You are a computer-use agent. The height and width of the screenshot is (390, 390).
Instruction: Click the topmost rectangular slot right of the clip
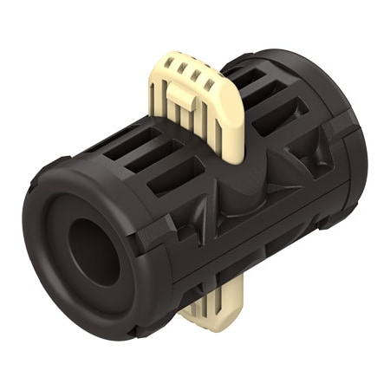coord(250,80)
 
